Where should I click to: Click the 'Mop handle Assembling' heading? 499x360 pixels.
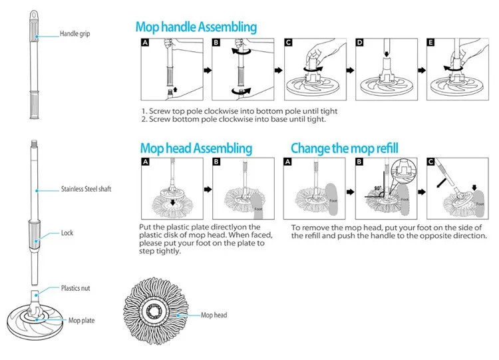(196, 27)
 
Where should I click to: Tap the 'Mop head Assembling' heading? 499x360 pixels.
(196, 148)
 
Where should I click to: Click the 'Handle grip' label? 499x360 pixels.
(75, 33)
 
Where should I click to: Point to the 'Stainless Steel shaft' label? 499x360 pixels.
(86, 189)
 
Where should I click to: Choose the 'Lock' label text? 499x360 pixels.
(67, 233)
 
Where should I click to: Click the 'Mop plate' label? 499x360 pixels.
(82, 320)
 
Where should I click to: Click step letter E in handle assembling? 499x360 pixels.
(431, 43)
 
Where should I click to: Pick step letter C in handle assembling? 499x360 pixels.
(288, 43)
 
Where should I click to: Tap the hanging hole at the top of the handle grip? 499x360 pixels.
(31, 15)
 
